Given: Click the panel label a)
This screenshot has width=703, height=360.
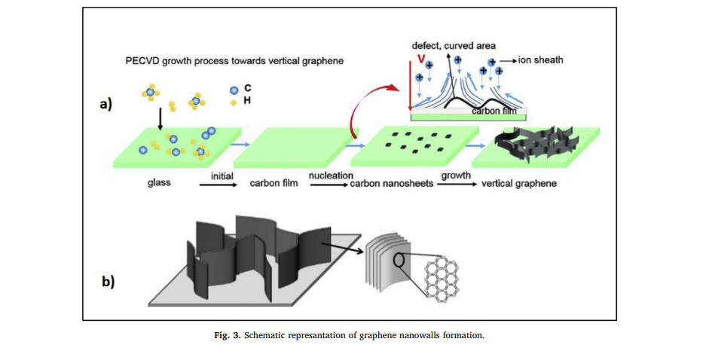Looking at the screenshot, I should pyautogui.click(x=106, y=105).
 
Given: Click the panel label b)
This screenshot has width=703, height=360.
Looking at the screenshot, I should pyautogui.click(x=108, y=282).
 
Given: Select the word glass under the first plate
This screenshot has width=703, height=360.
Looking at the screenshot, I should pyautogui.click(x=159, y=183).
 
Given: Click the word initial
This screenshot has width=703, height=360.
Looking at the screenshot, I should pyautogui.click(x=222, y=175).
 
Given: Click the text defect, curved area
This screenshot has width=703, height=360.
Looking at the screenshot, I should pyautogui.click(x=454, y=45).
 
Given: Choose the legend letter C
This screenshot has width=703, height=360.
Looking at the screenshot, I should pyautogui.click(x=247, y=88).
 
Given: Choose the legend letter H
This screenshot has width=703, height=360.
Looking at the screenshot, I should pyautogui.click(x=247, y=99).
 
